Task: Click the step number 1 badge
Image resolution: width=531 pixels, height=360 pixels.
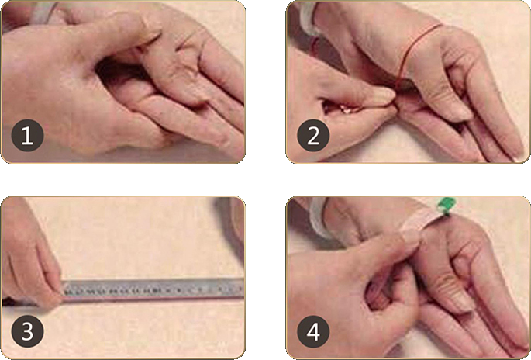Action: point(27,136)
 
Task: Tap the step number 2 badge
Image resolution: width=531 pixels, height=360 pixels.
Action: point(313,136)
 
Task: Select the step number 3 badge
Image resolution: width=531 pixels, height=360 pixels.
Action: point(27,331)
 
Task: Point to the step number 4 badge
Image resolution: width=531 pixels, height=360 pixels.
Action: point(313,331)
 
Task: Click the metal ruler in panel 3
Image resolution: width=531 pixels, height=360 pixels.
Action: point(153,290)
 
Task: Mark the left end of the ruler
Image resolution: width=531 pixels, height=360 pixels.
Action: point(62,290)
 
